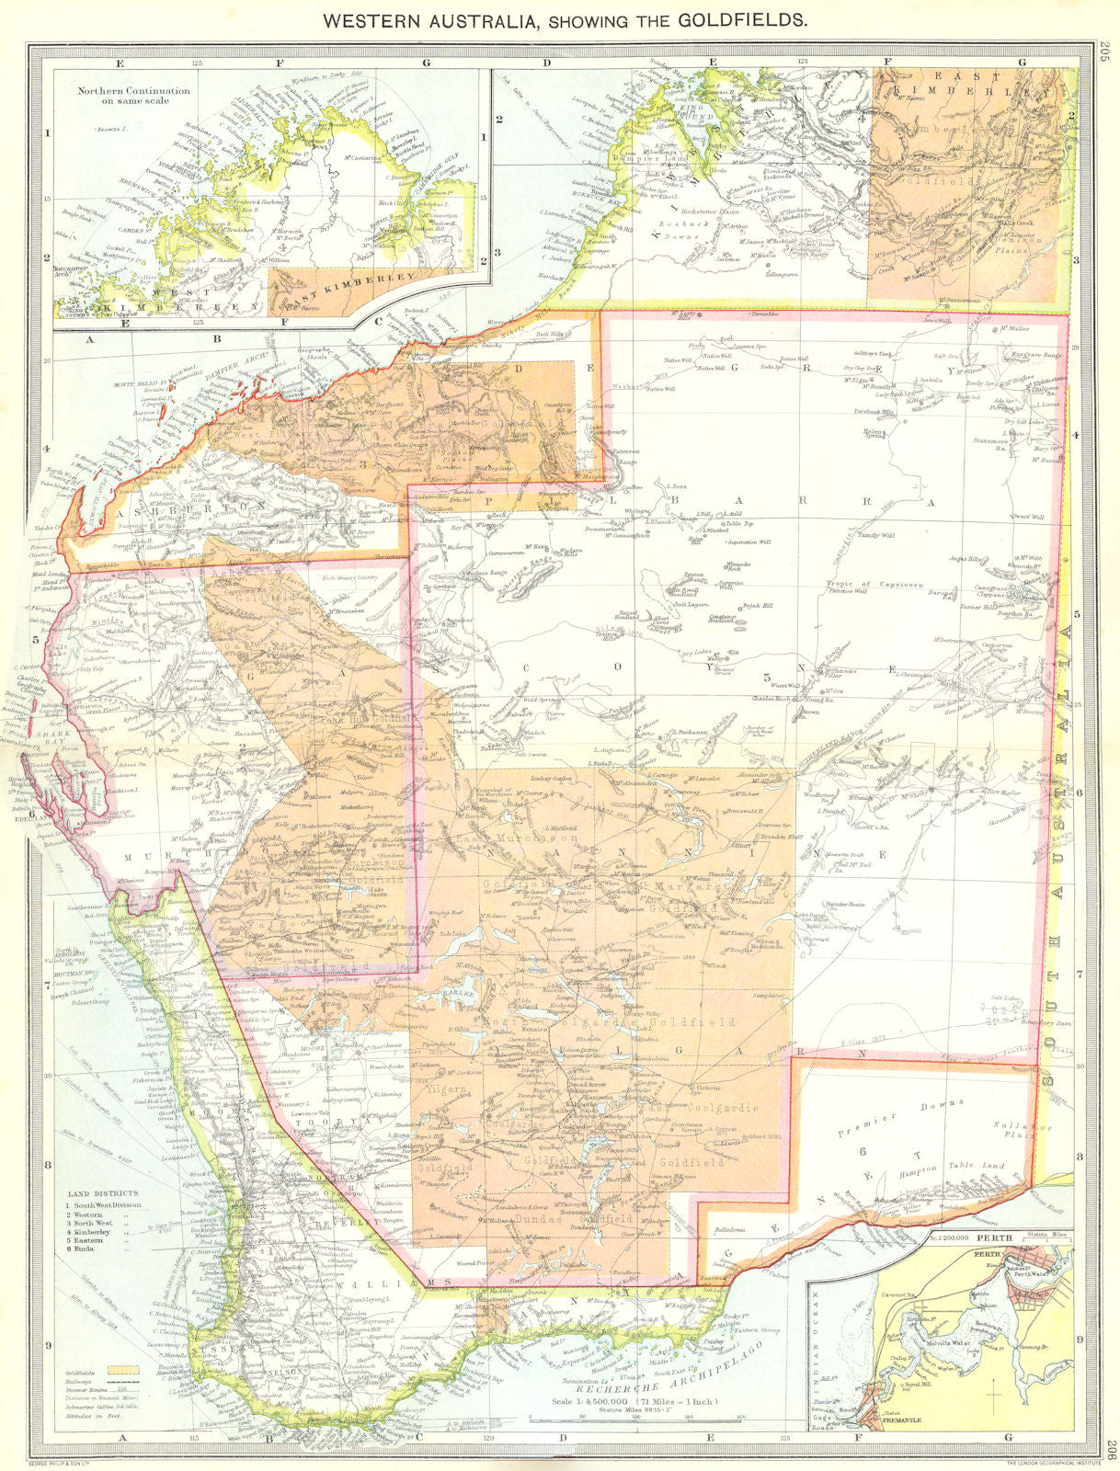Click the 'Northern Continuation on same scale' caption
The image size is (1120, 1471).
(132, 97)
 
